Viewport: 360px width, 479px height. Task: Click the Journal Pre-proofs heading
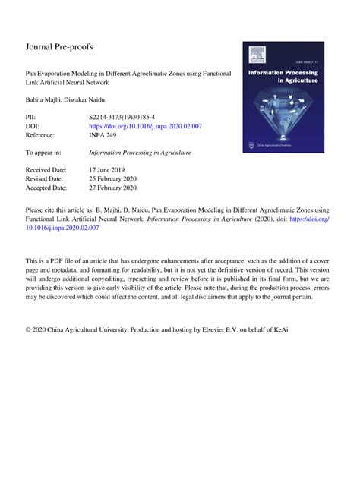(58, 47)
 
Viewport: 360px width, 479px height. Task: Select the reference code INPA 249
(103, 135)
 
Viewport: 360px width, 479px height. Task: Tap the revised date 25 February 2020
(115, 178)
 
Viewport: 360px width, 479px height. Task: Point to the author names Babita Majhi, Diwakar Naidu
(66, 101)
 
